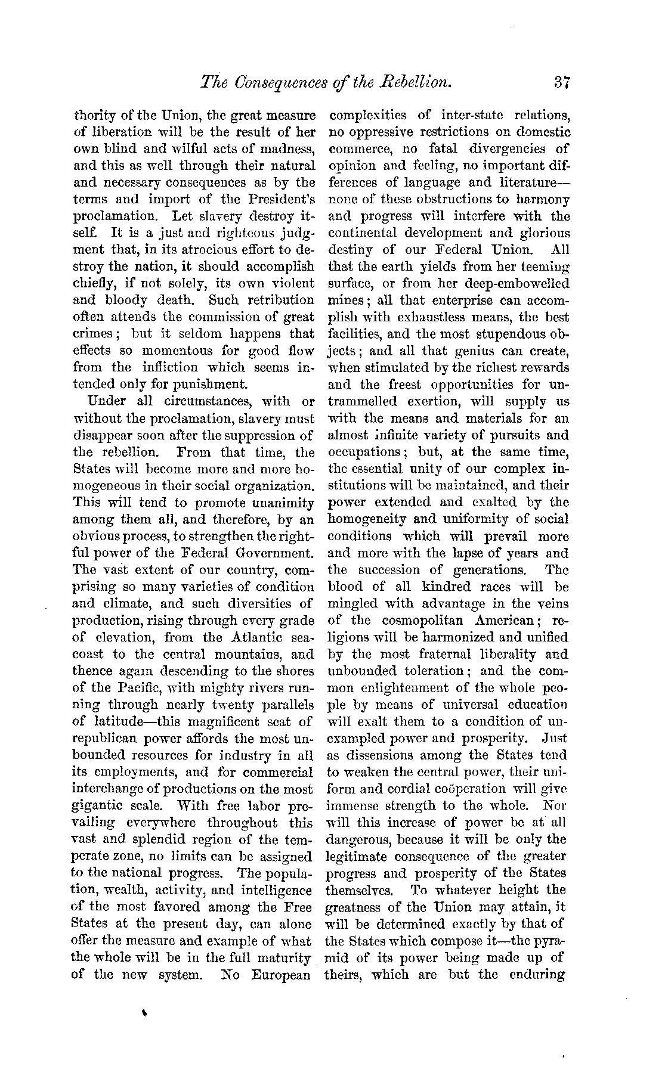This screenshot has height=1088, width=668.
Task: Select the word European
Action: point(281,975)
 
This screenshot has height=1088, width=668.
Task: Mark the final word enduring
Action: point(537,975)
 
